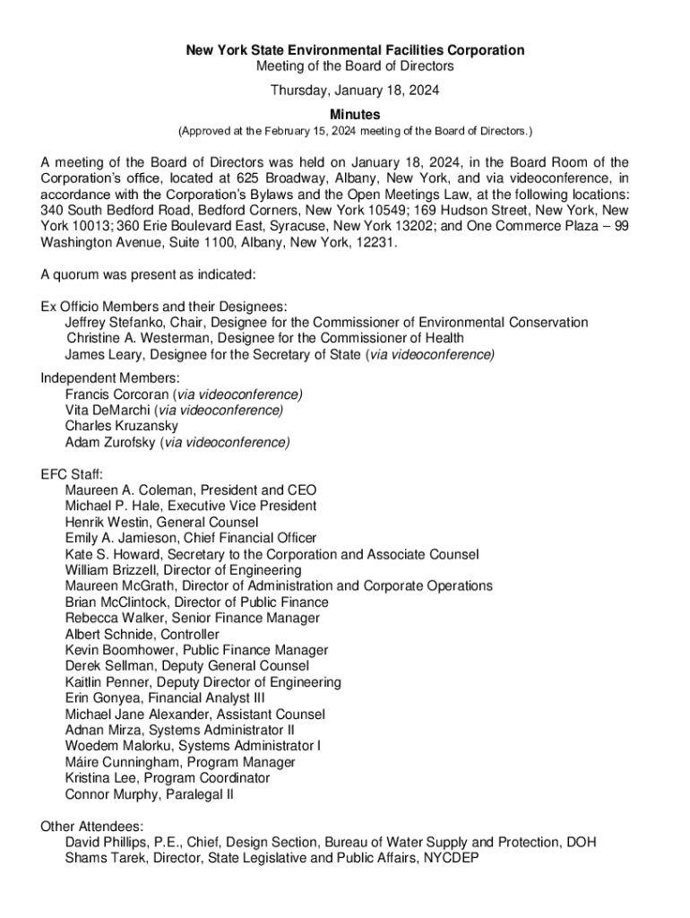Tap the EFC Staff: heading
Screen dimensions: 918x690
73,474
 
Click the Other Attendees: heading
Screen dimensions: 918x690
93,827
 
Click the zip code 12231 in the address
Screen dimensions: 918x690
375,242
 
